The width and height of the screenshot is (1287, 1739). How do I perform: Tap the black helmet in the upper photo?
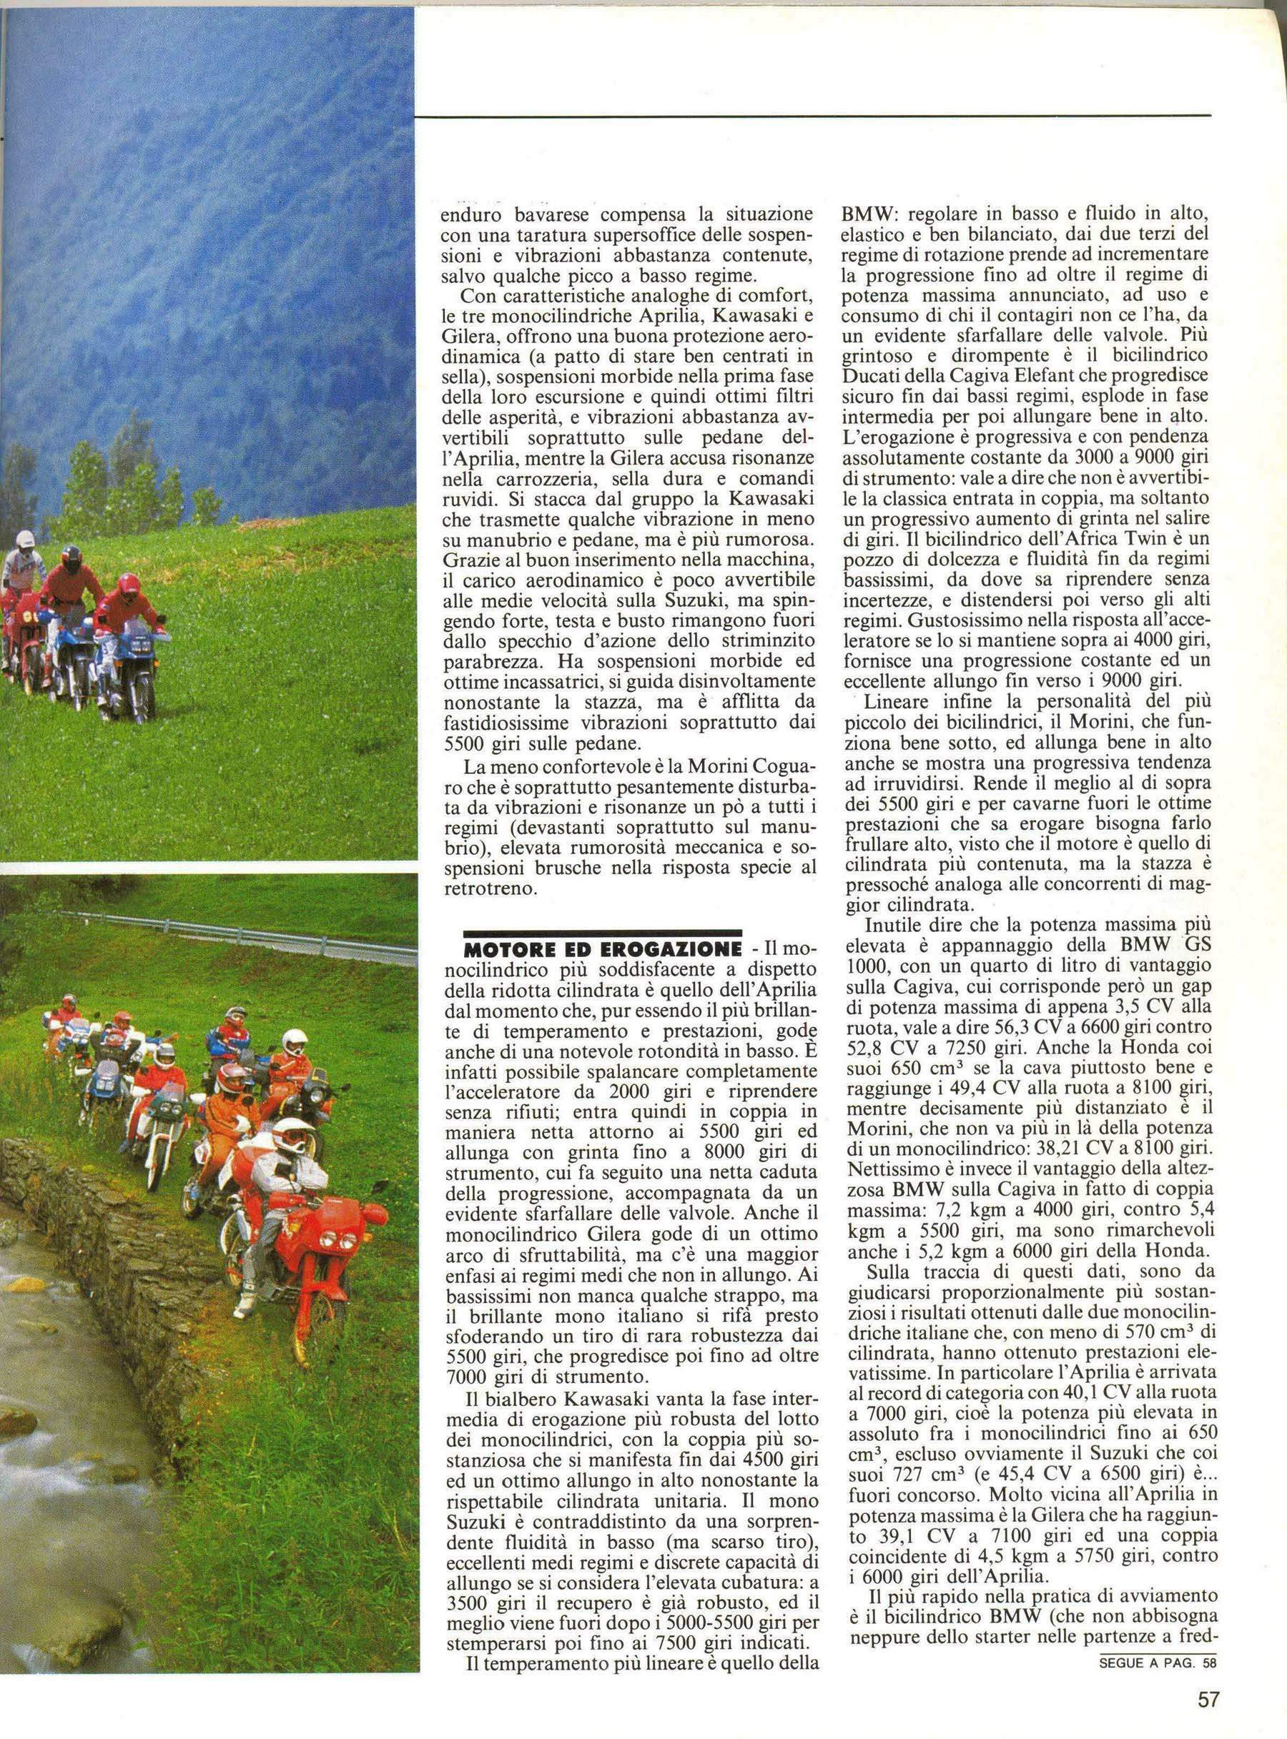pos(71,557)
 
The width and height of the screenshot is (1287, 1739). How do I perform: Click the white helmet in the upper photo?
pos(26,540)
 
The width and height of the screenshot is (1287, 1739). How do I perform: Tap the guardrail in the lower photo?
pos(234,933)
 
